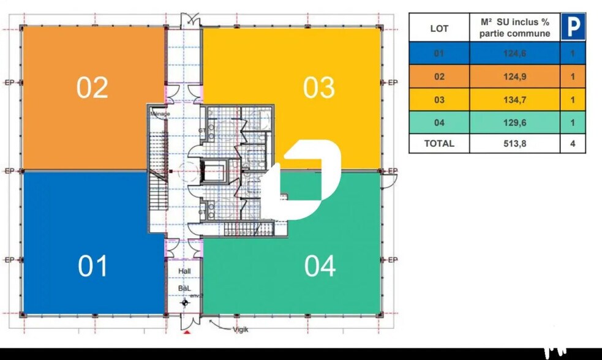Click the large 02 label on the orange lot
pyautogui.click(x=92, y=88)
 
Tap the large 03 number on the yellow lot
pyautogui.click(x=319, y=88)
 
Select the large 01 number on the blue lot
pyautogui.click(x=93, y=266)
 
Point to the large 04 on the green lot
pyautogui.click(x=320, y=266)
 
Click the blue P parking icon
pyautogui.click(x=573, y=28)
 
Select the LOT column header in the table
pyautogui.click(x=439, y=28)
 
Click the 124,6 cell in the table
pyautogui.click(x=514, y=54)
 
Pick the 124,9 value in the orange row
pyautogui.click(x=514, y=77)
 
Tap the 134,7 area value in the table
pyautogui.click(x=514, y=100)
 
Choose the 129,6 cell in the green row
pyautogui.click(x=514, y=122)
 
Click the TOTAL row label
pyautogui.click(x=439, y=144)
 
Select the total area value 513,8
pyautogui.click(x=514, y=144)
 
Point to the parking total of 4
pyautogui.click(x=573, y=144)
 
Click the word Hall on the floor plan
pyautogui.click(x=184, y=271)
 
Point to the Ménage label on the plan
pyautogui.click(x=160, y=114)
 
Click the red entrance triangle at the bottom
pyautogui.click(x=187, y=332)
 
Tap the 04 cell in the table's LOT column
pyautogui.click(x=439, y=122)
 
